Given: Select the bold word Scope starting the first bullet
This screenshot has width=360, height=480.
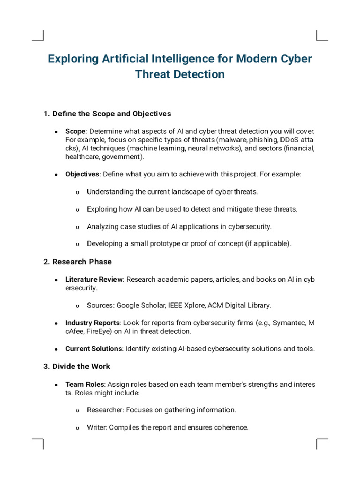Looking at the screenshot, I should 75,131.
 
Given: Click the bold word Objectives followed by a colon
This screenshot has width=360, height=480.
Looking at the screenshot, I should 82,174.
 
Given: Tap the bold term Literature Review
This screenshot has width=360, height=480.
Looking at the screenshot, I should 94,279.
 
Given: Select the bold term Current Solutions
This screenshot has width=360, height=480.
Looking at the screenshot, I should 94,349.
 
